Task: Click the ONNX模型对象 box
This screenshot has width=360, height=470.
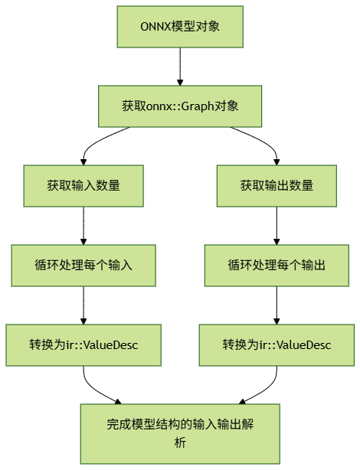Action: (180, 26)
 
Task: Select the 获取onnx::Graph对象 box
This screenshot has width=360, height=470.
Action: (180, 106)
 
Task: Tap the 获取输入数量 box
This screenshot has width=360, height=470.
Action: (83, 185)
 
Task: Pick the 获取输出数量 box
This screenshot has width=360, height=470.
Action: (277, 185)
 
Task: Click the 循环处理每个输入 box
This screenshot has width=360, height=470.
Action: (83, 265)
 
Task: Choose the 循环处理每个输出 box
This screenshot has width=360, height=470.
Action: (277, 265)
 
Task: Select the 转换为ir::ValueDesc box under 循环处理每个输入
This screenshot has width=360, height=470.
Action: (83, 344)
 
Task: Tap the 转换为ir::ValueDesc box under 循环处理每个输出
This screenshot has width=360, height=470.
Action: (277, 344)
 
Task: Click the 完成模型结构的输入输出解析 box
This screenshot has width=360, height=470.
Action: (180, 432)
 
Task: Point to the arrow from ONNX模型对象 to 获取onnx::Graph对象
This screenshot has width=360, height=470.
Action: (180, 64)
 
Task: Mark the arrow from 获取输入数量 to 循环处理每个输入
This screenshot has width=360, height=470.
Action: (83, 225)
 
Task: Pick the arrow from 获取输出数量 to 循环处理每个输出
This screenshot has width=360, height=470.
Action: (277, 225)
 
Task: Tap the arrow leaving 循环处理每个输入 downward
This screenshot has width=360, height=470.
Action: (83, 305)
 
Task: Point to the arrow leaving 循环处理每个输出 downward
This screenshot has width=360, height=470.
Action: (277, 305)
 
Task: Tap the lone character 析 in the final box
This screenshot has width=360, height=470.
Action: (180, 442)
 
